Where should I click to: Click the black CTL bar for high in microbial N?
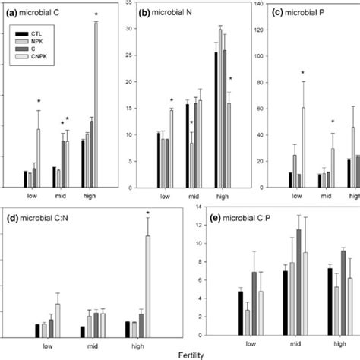(216, 120)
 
